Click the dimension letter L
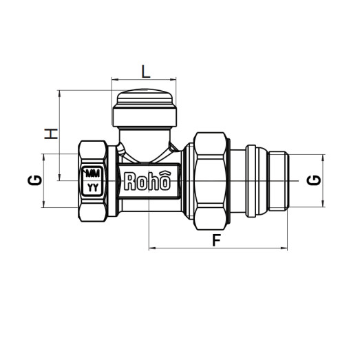[145, 70]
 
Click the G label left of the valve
[34, 180]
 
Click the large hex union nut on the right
[211, 180]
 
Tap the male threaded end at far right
[281, 180]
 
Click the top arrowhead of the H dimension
[61, 92]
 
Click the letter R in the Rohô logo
[129, 181]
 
